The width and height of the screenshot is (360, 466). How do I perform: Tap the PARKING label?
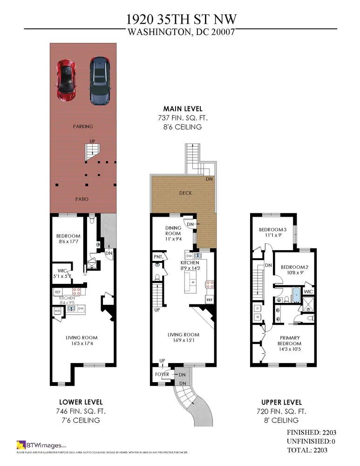[x=83, y=126]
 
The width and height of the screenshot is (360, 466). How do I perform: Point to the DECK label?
[x=185, y=193]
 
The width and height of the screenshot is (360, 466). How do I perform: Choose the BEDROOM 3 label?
[x=273, y=230]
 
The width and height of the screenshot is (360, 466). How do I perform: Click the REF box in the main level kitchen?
[x=210, y=300]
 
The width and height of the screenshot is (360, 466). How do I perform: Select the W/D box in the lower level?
[x=58, y=311]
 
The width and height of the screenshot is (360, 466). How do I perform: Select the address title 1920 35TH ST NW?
[x=180, y=19]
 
